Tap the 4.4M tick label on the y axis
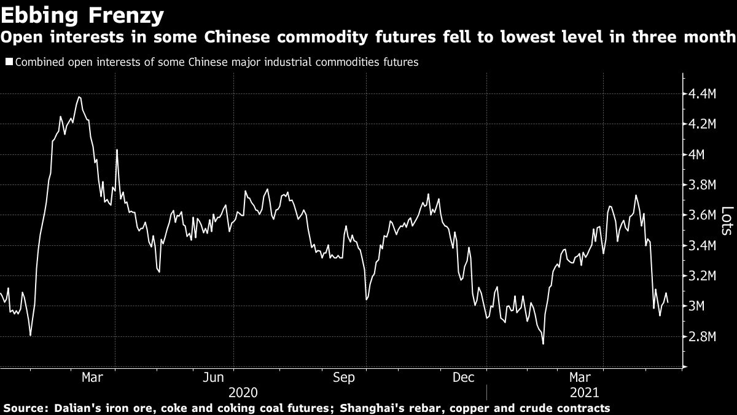(703, 94)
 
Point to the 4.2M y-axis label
(703, 124)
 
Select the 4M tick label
(697, 155)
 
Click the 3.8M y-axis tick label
(703, 185)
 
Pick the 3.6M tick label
(703, 215)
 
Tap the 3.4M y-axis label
(703, 246)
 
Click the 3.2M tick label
(703, 276)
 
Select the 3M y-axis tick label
(697, 306)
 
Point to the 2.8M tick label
(703, 337)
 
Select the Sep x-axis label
(343, 377)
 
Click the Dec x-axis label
(464, 377)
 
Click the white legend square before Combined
(8, 62)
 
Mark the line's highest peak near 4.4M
(79, 97)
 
